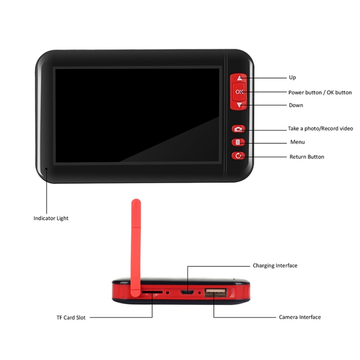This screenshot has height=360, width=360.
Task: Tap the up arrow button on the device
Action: click(240, 78)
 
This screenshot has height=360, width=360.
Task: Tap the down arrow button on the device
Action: click(240, 105)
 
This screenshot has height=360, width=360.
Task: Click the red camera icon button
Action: click(238, 129)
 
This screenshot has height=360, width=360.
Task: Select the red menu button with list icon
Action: click(238, 143)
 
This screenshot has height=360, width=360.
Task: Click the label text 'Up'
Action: click(292, 78)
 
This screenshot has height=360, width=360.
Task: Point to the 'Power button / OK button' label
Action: click(320, 93)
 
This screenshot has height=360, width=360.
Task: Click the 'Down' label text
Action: click(296, 105)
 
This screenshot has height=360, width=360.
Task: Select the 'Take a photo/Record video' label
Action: click(320, 129)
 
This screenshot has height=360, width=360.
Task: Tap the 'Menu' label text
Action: click(298, 142)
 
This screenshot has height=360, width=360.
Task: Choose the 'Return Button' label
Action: click(307, 157)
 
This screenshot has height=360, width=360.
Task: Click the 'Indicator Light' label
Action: click(51, 218)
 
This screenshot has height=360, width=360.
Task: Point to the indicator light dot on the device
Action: click(47, 169)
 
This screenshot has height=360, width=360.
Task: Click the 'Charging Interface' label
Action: click(275, 265)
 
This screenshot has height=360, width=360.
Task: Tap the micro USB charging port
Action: click(187, 292)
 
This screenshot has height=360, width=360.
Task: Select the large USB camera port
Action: click(216, 292)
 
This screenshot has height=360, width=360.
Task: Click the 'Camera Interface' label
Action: click(300, 317)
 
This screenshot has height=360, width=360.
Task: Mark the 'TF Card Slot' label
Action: click(71, 318)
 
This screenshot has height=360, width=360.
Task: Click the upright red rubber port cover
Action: click(136, 248)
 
